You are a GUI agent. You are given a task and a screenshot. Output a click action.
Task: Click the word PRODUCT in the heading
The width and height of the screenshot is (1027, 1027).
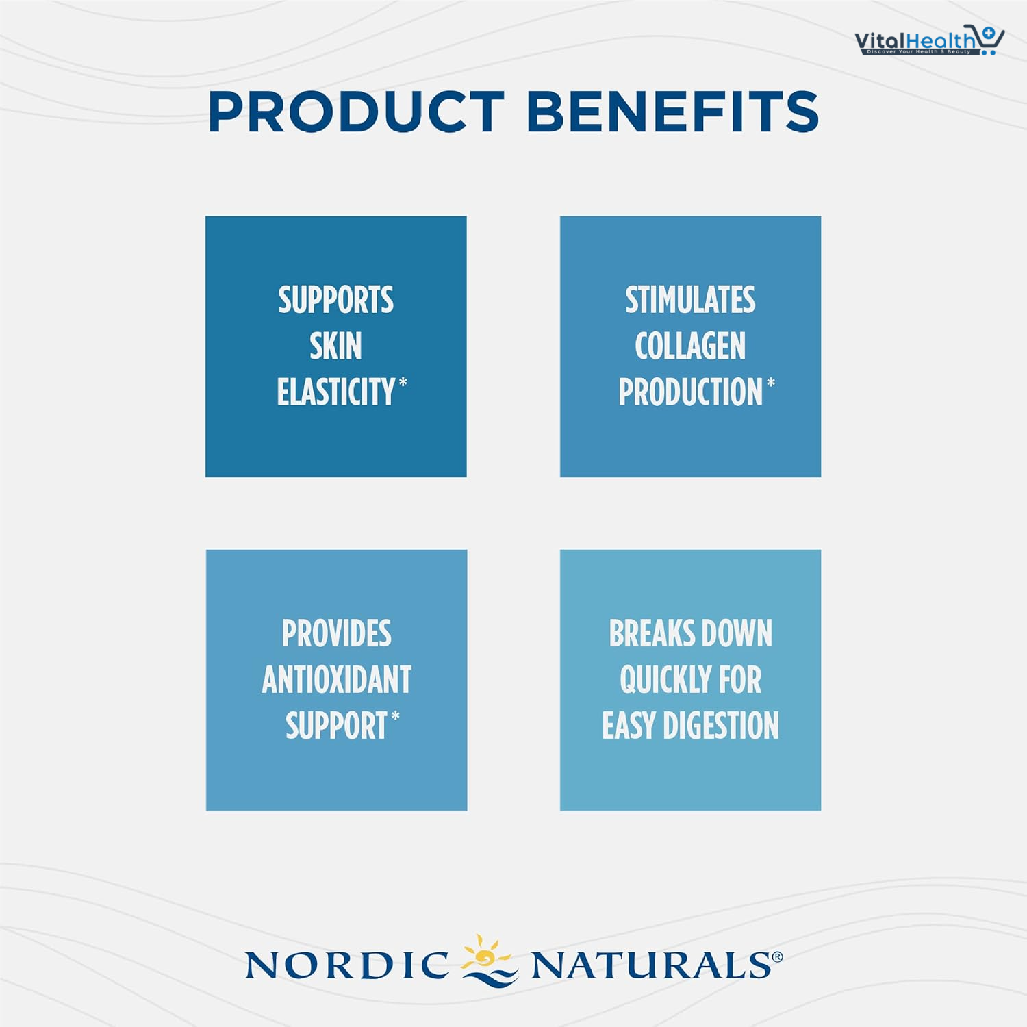click(356, 112)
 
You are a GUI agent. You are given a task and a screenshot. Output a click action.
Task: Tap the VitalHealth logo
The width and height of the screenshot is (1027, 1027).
click(929, 40)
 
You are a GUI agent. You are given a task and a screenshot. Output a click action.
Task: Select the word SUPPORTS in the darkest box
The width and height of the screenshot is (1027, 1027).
click(335, 300)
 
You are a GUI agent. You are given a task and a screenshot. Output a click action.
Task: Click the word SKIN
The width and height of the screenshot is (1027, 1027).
click(335, 346)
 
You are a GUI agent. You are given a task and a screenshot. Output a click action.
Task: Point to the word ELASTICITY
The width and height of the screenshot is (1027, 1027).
click(335, 392)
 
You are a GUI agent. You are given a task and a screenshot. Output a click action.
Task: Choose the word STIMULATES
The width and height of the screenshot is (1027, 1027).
click(690, 300)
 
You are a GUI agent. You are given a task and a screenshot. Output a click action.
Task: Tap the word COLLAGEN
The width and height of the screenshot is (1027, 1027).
click(690, 346)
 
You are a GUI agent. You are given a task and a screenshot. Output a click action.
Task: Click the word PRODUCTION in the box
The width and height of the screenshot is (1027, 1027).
click(690, 392)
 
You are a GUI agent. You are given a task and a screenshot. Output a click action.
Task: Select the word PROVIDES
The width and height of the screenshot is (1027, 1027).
click(337, 633)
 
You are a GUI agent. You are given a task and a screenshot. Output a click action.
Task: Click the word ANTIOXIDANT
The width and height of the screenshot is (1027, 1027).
click(337, 680)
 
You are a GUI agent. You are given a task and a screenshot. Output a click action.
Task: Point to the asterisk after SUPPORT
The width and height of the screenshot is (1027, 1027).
click(395, 716)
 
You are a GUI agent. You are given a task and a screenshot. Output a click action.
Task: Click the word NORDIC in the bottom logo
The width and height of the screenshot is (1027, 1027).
click(347, 965)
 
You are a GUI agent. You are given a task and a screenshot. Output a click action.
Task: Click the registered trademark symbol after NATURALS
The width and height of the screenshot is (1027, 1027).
click(777, 957)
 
